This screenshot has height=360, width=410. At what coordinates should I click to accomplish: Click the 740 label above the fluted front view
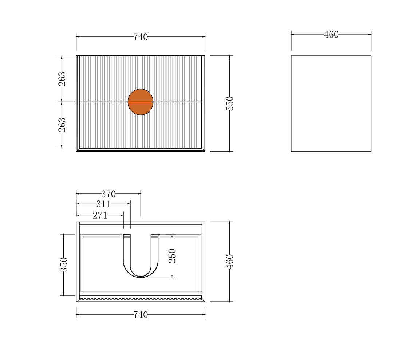pos(141,37)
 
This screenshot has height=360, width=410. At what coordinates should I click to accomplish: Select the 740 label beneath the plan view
pos(141,314)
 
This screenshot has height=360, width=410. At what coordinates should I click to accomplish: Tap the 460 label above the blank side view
pos(331,35)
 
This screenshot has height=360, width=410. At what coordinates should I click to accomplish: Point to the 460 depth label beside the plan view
pos(229,261)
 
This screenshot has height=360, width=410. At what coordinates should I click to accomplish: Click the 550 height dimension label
pos(229,103)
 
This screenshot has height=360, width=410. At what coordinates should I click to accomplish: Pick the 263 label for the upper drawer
pos(62,79)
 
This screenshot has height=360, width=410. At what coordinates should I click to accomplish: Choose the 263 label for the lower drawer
pos(62,125)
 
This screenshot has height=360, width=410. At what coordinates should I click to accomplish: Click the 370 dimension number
pos(108,194)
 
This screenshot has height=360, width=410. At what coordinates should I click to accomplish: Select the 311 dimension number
pos(103,204)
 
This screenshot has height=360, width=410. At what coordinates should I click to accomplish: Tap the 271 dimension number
pos(100,215)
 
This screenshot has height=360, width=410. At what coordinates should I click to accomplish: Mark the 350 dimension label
pos(64,265)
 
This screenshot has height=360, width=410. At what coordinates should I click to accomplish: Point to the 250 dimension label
pos(172,256)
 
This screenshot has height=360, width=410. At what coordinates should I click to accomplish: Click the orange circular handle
pos(141,102)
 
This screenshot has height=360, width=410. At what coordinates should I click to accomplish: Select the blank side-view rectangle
pos(331,103)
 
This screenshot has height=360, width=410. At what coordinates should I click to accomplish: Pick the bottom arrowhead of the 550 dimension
pos(229,149)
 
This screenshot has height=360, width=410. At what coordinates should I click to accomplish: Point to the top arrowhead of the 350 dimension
pos(64,236)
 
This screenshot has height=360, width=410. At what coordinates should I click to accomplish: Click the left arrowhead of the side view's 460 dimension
pos(293,34)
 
